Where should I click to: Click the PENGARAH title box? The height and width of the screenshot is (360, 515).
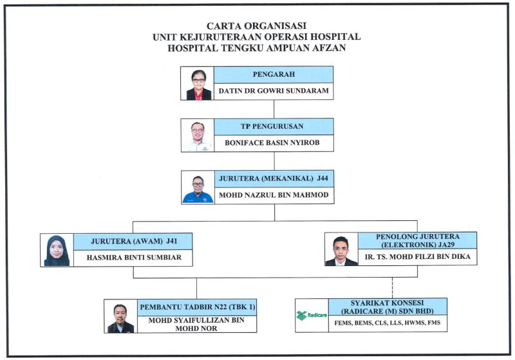(274, 75)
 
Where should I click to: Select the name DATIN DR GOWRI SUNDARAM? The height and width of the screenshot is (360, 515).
(274, 91)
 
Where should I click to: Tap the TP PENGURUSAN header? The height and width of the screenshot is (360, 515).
(274, 126)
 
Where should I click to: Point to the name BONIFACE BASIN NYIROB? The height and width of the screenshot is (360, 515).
(272, 143)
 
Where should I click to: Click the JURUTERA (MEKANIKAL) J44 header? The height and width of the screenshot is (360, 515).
(274, 178)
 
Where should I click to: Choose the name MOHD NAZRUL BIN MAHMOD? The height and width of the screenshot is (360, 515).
(274, 195)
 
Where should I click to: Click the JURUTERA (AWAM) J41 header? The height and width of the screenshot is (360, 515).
(133, 242)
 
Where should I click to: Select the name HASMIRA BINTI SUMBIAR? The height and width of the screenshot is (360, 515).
(134, 258)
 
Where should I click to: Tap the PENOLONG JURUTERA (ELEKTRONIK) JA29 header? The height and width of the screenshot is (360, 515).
(417, 240)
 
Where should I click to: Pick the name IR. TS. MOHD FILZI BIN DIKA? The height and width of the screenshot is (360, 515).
(417, 256)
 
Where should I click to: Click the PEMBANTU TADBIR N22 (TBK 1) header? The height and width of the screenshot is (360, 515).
(197, 307)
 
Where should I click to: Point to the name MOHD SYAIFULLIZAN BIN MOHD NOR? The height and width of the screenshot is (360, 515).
(196, 324)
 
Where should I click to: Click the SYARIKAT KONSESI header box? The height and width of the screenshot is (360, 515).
(388, 307)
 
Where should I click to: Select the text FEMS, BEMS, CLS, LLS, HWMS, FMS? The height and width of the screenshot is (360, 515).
(388, 323)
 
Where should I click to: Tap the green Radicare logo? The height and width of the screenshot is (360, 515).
(312, 316)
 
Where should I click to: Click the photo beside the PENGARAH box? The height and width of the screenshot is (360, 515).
(198, 84)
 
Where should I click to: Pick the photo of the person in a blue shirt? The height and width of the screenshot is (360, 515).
(198, 187)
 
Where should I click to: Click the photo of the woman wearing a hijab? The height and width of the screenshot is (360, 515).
(57, 251)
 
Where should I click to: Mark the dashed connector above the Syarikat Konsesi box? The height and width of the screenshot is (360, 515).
(393, 288)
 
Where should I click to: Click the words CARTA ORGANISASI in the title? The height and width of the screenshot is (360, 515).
(256, 26)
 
